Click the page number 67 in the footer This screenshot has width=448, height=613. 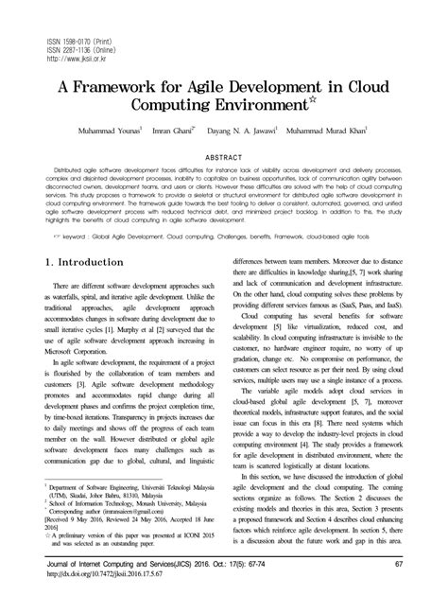coord(399,592)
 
